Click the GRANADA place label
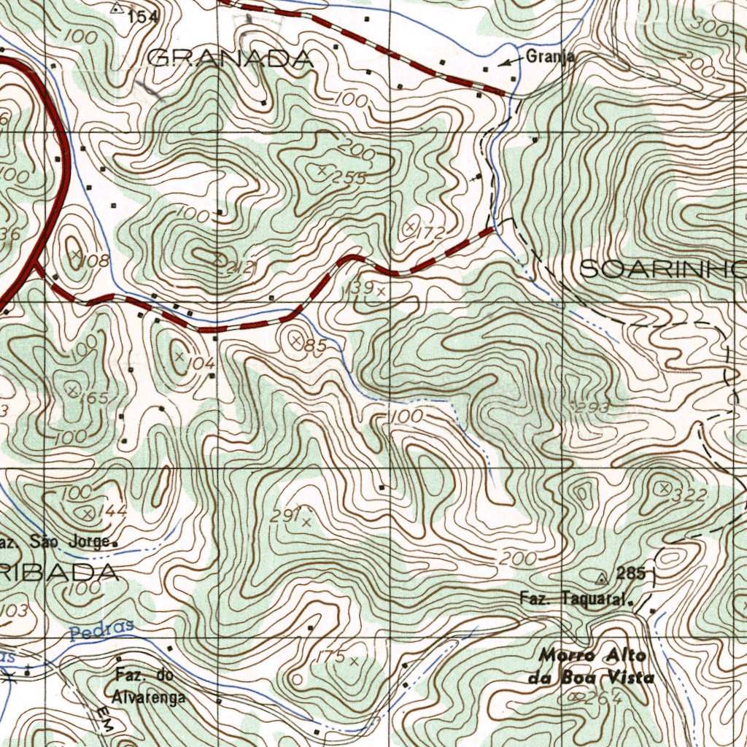(x=231, y=59)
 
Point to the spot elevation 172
(x=432, y=234)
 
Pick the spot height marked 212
(x=239, y=268)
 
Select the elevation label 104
(x=201, y=363)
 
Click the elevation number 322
(x=689, y=496)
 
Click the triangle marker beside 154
(x=118, y=9)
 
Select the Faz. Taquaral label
(x=575, y=600)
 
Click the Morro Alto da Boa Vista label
(x=592, y=666)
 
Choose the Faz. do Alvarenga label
(x=150, y=686)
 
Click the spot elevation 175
(x=330, y=657)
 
